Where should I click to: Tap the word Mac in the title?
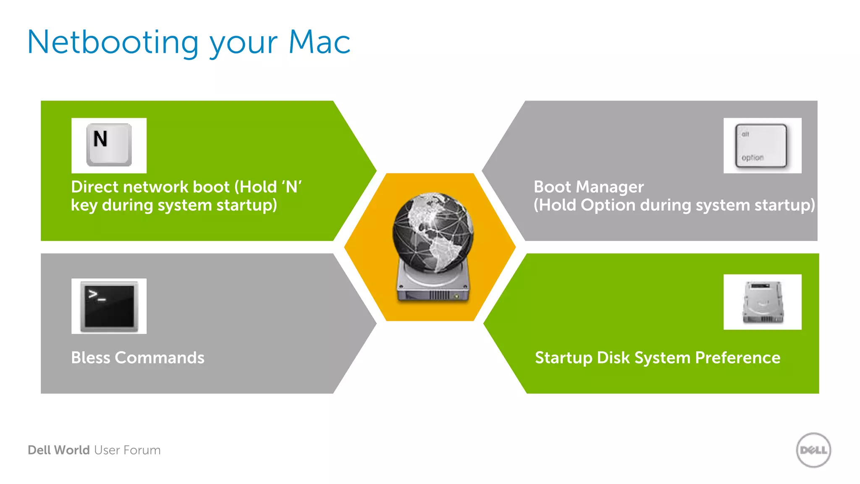click(319, 43)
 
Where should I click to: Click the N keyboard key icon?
click(109, 145)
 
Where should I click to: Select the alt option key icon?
click(761, 146)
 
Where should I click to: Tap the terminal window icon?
click(109, 306)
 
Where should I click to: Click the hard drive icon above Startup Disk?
click(763, 302)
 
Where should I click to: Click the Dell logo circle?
click(813, 450)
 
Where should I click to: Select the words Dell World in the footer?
click(59, 450)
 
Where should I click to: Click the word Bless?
click(90, 358)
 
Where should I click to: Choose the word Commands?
click(160, 358)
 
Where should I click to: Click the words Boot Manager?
click(588, 187)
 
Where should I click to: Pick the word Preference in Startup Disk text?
click(737, 358)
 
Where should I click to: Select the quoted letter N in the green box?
click(291, 187)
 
